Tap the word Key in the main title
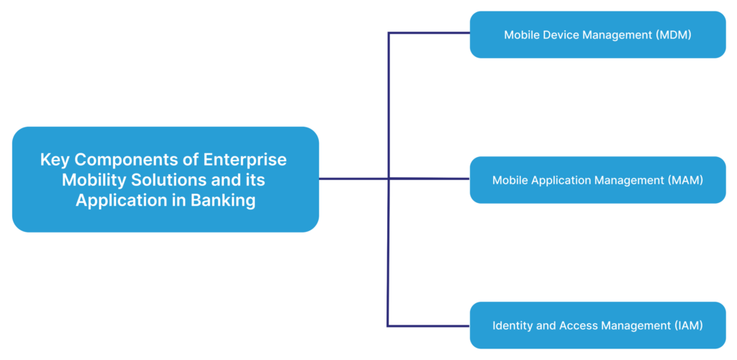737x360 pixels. [54, 159]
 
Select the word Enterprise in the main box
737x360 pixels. [245, 159]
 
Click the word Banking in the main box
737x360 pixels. [222, 200]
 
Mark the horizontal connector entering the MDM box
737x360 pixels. [429, 33]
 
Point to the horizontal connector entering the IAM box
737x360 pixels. [429, 326]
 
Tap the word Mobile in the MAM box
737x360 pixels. [510, 180]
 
